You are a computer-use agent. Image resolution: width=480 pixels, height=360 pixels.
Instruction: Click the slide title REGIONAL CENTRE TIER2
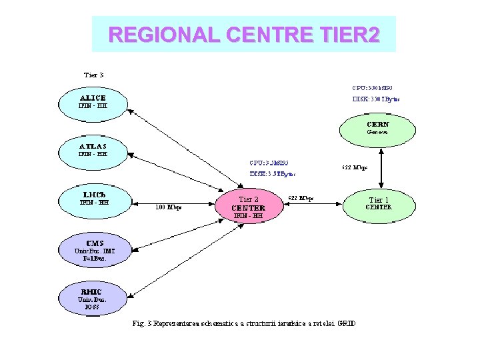(x=244, y=34)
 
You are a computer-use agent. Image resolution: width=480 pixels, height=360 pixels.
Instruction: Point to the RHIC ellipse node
(x=93, y=295)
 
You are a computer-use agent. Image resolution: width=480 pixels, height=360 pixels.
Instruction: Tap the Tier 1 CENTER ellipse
(x=378, y=203)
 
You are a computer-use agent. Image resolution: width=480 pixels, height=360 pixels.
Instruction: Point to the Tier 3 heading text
(x=93, y=75)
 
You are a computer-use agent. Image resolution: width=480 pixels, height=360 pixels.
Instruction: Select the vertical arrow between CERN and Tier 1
(x=379, y=167)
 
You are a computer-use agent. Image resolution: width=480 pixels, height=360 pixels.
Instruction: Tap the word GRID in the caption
(x=347, y=324)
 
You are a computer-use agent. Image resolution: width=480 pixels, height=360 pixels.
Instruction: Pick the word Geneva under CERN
(x=377, y=132)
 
